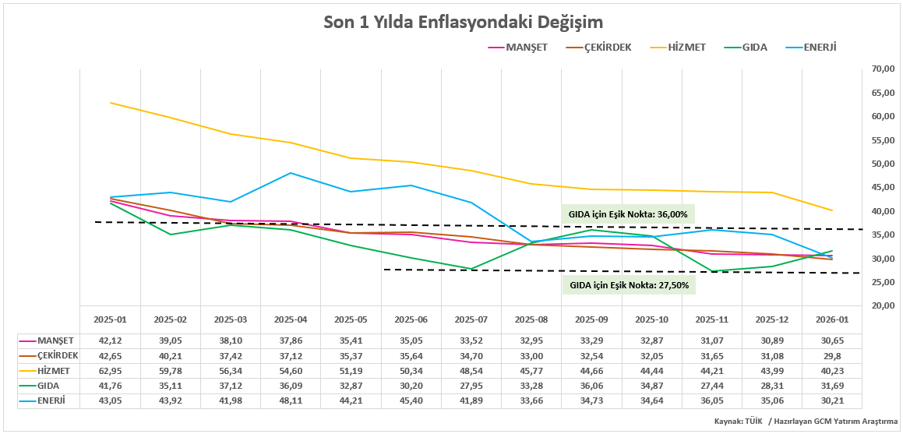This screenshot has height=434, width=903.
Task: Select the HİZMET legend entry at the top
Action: [x=686, y=47]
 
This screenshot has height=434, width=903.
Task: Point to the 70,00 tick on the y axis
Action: [x=882, y=69]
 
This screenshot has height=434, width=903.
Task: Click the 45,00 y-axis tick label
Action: [x=882, y=188]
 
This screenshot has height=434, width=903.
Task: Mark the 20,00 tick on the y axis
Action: [x=882, y=306]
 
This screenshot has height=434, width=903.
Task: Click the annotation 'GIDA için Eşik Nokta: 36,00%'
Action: [x=627, y=214]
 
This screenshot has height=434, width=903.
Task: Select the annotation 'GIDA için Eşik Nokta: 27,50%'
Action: [x=628, y=285]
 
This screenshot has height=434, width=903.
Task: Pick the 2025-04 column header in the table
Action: [x=291, y=319]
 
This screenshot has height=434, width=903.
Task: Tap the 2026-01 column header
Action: [x=832, y=319]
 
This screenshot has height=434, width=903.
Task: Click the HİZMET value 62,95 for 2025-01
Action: [x=110, y=371]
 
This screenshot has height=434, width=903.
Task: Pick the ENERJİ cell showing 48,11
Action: [x=291, y=400]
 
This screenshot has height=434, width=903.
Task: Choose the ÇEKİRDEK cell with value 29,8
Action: [x=832, y=356]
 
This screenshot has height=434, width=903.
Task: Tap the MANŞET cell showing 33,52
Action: [x=471, y=341]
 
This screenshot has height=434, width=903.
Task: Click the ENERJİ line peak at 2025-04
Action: [x=291, y=173]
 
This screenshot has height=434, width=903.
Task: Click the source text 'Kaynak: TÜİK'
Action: [x=738, y=422]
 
